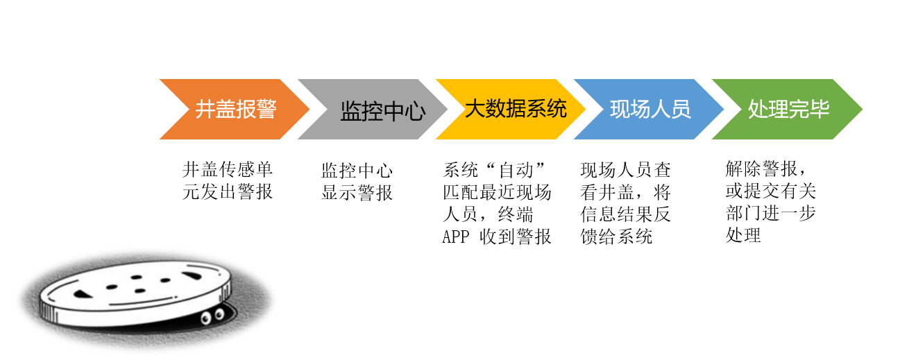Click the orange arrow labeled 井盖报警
[x=235, y=110]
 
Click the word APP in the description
[x=456, y=237]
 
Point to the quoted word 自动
[x=516, y=170]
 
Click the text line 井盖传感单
[x=228, y=169]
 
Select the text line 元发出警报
[x=228, y=191]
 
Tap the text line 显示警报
[x=357, y=192]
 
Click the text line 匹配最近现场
[x=497, y=192]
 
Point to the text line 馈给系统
[x=616, y=237]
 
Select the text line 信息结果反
[x=626, y=214]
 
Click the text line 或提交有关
[x=771, y=191]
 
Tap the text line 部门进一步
[x=771, y=213]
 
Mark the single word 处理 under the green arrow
[x=743, y=235]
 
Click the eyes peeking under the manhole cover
[x=212, y=316]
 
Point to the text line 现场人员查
[x=626, y=170]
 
